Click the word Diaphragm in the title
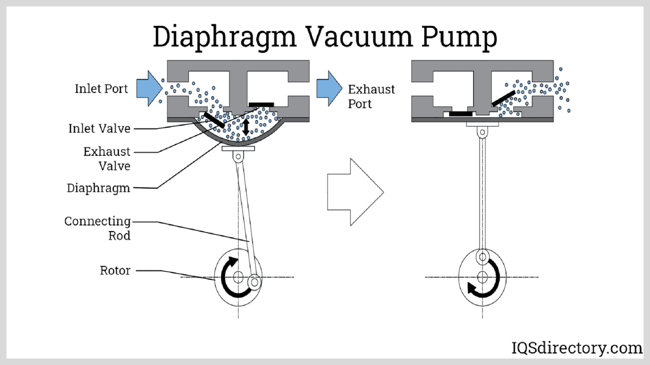click(x=224, y=37)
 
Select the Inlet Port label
click(x=101, y=89)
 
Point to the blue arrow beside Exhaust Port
click(x=329, y=88)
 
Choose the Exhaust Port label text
click(x=371, y=96)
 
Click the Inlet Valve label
click(x=99, y=129)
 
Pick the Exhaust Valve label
click(x=107, y=159)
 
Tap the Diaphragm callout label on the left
click(x=98, y=188)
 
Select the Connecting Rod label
click(x=97, y=228)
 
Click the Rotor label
click(x=115, y=270)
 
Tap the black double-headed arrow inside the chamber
click(x=246, y=126)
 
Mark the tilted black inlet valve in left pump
click(x=214, y=120)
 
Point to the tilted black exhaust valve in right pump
click(x=503, y=98)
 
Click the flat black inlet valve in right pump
click(x=460, y=113)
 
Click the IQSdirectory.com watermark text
click(x=576, y=348)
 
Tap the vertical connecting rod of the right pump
click(x=482, y=191)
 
